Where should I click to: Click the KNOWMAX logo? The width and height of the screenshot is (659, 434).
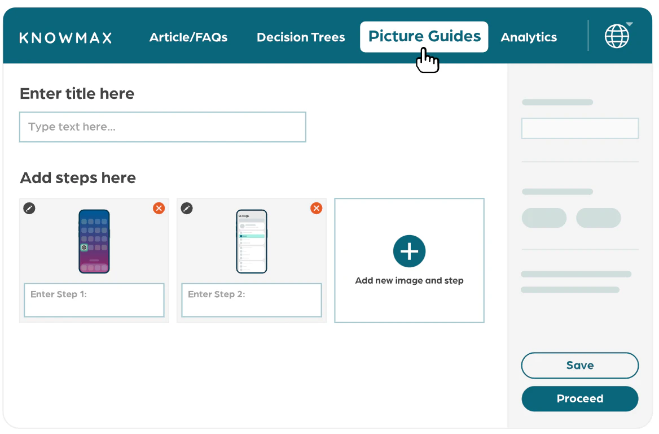pos(65,38)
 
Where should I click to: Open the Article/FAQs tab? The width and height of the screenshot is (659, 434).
pos(188,38)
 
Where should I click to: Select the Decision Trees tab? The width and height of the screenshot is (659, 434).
pos(301,38)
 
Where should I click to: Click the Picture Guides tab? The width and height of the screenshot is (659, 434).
pos(424,37)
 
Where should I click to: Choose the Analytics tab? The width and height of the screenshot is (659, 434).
pos(529,38)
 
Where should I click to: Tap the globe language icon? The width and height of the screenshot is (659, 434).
pos(617,37)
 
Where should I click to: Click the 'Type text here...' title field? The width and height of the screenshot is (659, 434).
pos(162,127)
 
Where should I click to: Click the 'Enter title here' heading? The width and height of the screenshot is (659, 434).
pos(77,94)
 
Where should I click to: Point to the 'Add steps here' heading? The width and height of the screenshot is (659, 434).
pos(78,178)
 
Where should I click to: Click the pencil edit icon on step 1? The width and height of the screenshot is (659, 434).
pos(29,209)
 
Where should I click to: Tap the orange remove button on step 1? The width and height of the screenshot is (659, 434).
pos(159,209)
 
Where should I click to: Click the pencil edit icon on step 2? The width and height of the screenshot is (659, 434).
pos(187,209)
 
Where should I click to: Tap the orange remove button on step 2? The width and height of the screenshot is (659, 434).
pos(317,209)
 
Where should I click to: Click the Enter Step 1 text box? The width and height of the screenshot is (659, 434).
pos(94,300)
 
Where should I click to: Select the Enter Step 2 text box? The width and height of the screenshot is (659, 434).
pos(251,300)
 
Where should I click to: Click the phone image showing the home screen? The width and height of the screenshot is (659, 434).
pos(94,241)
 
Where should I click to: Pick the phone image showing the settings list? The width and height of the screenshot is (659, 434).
pos(251,241)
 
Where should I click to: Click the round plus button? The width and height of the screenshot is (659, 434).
pos(409,251)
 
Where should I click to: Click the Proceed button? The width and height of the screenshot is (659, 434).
pos(579,399)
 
